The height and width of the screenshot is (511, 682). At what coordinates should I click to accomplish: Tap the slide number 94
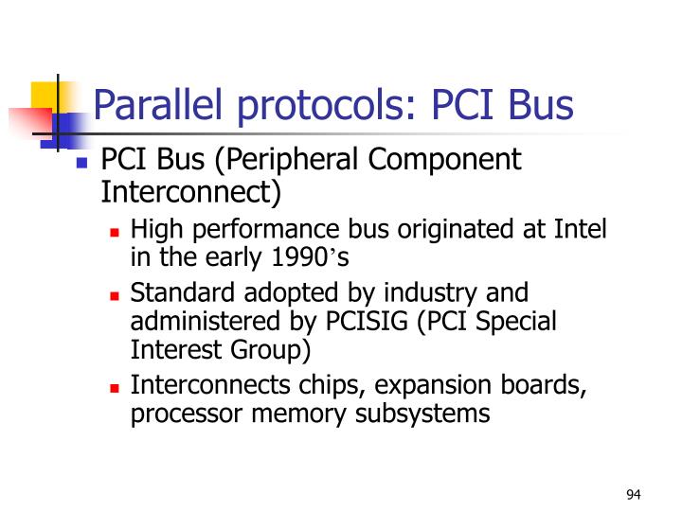coord(634,495)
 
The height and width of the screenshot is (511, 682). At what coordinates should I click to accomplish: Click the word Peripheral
coord(308,160)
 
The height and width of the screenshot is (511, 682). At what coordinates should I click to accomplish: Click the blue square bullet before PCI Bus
coord(82,162)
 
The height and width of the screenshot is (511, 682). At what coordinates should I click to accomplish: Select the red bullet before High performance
coord(116,231)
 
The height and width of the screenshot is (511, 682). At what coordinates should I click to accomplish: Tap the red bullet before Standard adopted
coord(116,294)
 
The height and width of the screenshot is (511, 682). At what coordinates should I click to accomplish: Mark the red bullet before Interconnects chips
coord(116,387)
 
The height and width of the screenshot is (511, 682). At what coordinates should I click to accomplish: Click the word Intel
coord(582,229)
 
